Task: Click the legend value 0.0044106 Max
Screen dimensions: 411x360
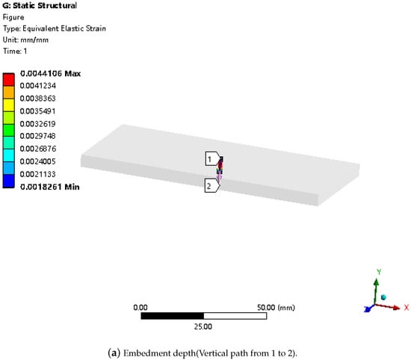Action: pyautogui.click(x=50, y=74)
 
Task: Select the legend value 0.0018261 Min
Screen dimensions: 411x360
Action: pyautogui.click(x=50, y=187)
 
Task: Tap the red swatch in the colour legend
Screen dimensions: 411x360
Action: pyautogui.click(x=9, y=80)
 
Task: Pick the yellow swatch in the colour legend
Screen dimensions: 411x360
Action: pyautogui.click(x=9, y=105)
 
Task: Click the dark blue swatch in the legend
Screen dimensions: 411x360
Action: pyautogui.click(x=9, y=181)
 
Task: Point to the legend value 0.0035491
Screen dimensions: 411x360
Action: pyautogui.click(x=38, y=111)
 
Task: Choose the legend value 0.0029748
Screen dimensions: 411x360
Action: pyautogui.click(x=38, y=136)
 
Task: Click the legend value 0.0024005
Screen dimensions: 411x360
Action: pyautogui.click(x=38, y=161)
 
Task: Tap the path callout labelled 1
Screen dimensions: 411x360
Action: pyautogui.click(x=213, y=158)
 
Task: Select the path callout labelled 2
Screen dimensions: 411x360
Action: pyautogui.click(x=212, y=185)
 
